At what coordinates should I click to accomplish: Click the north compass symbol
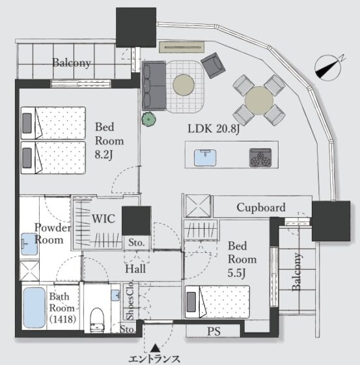point(328,68)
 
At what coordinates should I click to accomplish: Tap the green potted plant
point(149,119)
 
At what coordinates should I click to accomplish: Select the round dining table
point(259,100)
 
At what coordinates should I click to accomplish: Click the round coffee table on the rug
point(184,85)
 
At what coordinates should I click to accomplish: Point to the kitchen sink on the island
point(205,158)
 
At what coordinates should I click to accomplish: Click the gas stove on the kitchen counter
point(260,158)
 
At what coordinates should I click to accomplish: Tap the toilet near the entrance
point(97,320)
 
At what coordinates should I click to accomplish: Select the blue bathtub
point(35,308)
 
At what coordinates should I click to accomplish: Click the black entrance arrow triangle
point(155,348)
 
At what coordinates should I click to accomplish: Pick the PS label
point(214,331)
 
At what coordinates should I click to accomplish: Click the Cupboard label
point(261,208)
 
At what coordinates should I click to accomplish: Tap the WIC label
point(104,219)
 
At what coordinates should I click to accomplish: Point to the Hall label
point(135,269)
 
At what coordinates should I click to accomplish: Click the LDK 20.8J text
point(214,129)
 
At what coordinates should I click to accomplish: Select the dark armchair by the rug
point(213,65)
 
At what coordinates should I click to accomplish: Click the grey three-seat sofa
point(154,85)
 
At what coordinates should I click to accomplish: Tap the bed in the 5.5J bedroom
point(217,302)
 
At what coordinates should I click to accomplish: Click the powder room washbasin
point(29,244)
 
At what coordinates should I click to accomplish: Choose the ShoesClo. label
point(130,300)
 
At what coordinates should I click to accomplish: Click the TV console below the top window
point(182,47)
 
